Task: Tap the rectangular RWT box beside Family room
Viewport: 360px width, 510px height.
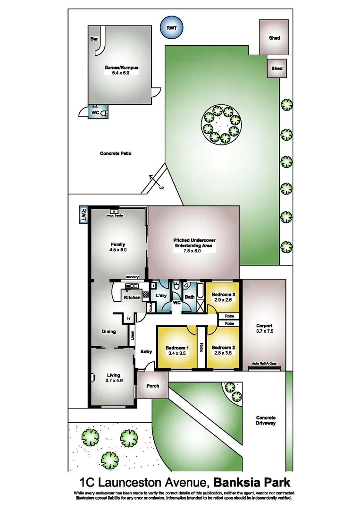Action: (x=84, y=214)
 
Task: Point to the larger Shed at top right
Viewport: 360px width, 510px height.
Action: (x=274, y=38)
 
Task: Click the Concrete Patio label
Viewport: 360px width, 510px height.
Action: (x=115, y=153)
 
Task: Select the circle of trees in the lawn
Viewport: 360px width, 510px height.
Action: (x=222, y=124)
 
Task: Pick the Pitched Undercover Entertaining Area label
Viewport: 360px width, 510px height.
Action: (x=194, y=243)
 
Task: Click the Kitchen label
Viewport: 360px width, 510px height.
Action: (x=132, y=297)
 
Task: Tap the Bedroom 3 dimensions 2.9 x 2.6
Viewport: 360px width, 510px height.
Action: (x=224, y=300)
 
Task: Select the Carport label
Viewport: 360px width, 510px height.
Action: (x=264, y=326)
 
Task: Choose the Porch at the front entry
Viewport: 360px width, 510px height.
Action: (x=152, y=386)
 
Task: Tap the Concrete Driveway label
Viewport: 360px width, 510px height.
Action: (x=266, y=421)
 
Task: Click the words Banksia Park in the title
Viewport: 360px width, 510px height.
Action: (x=252, y=483)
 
